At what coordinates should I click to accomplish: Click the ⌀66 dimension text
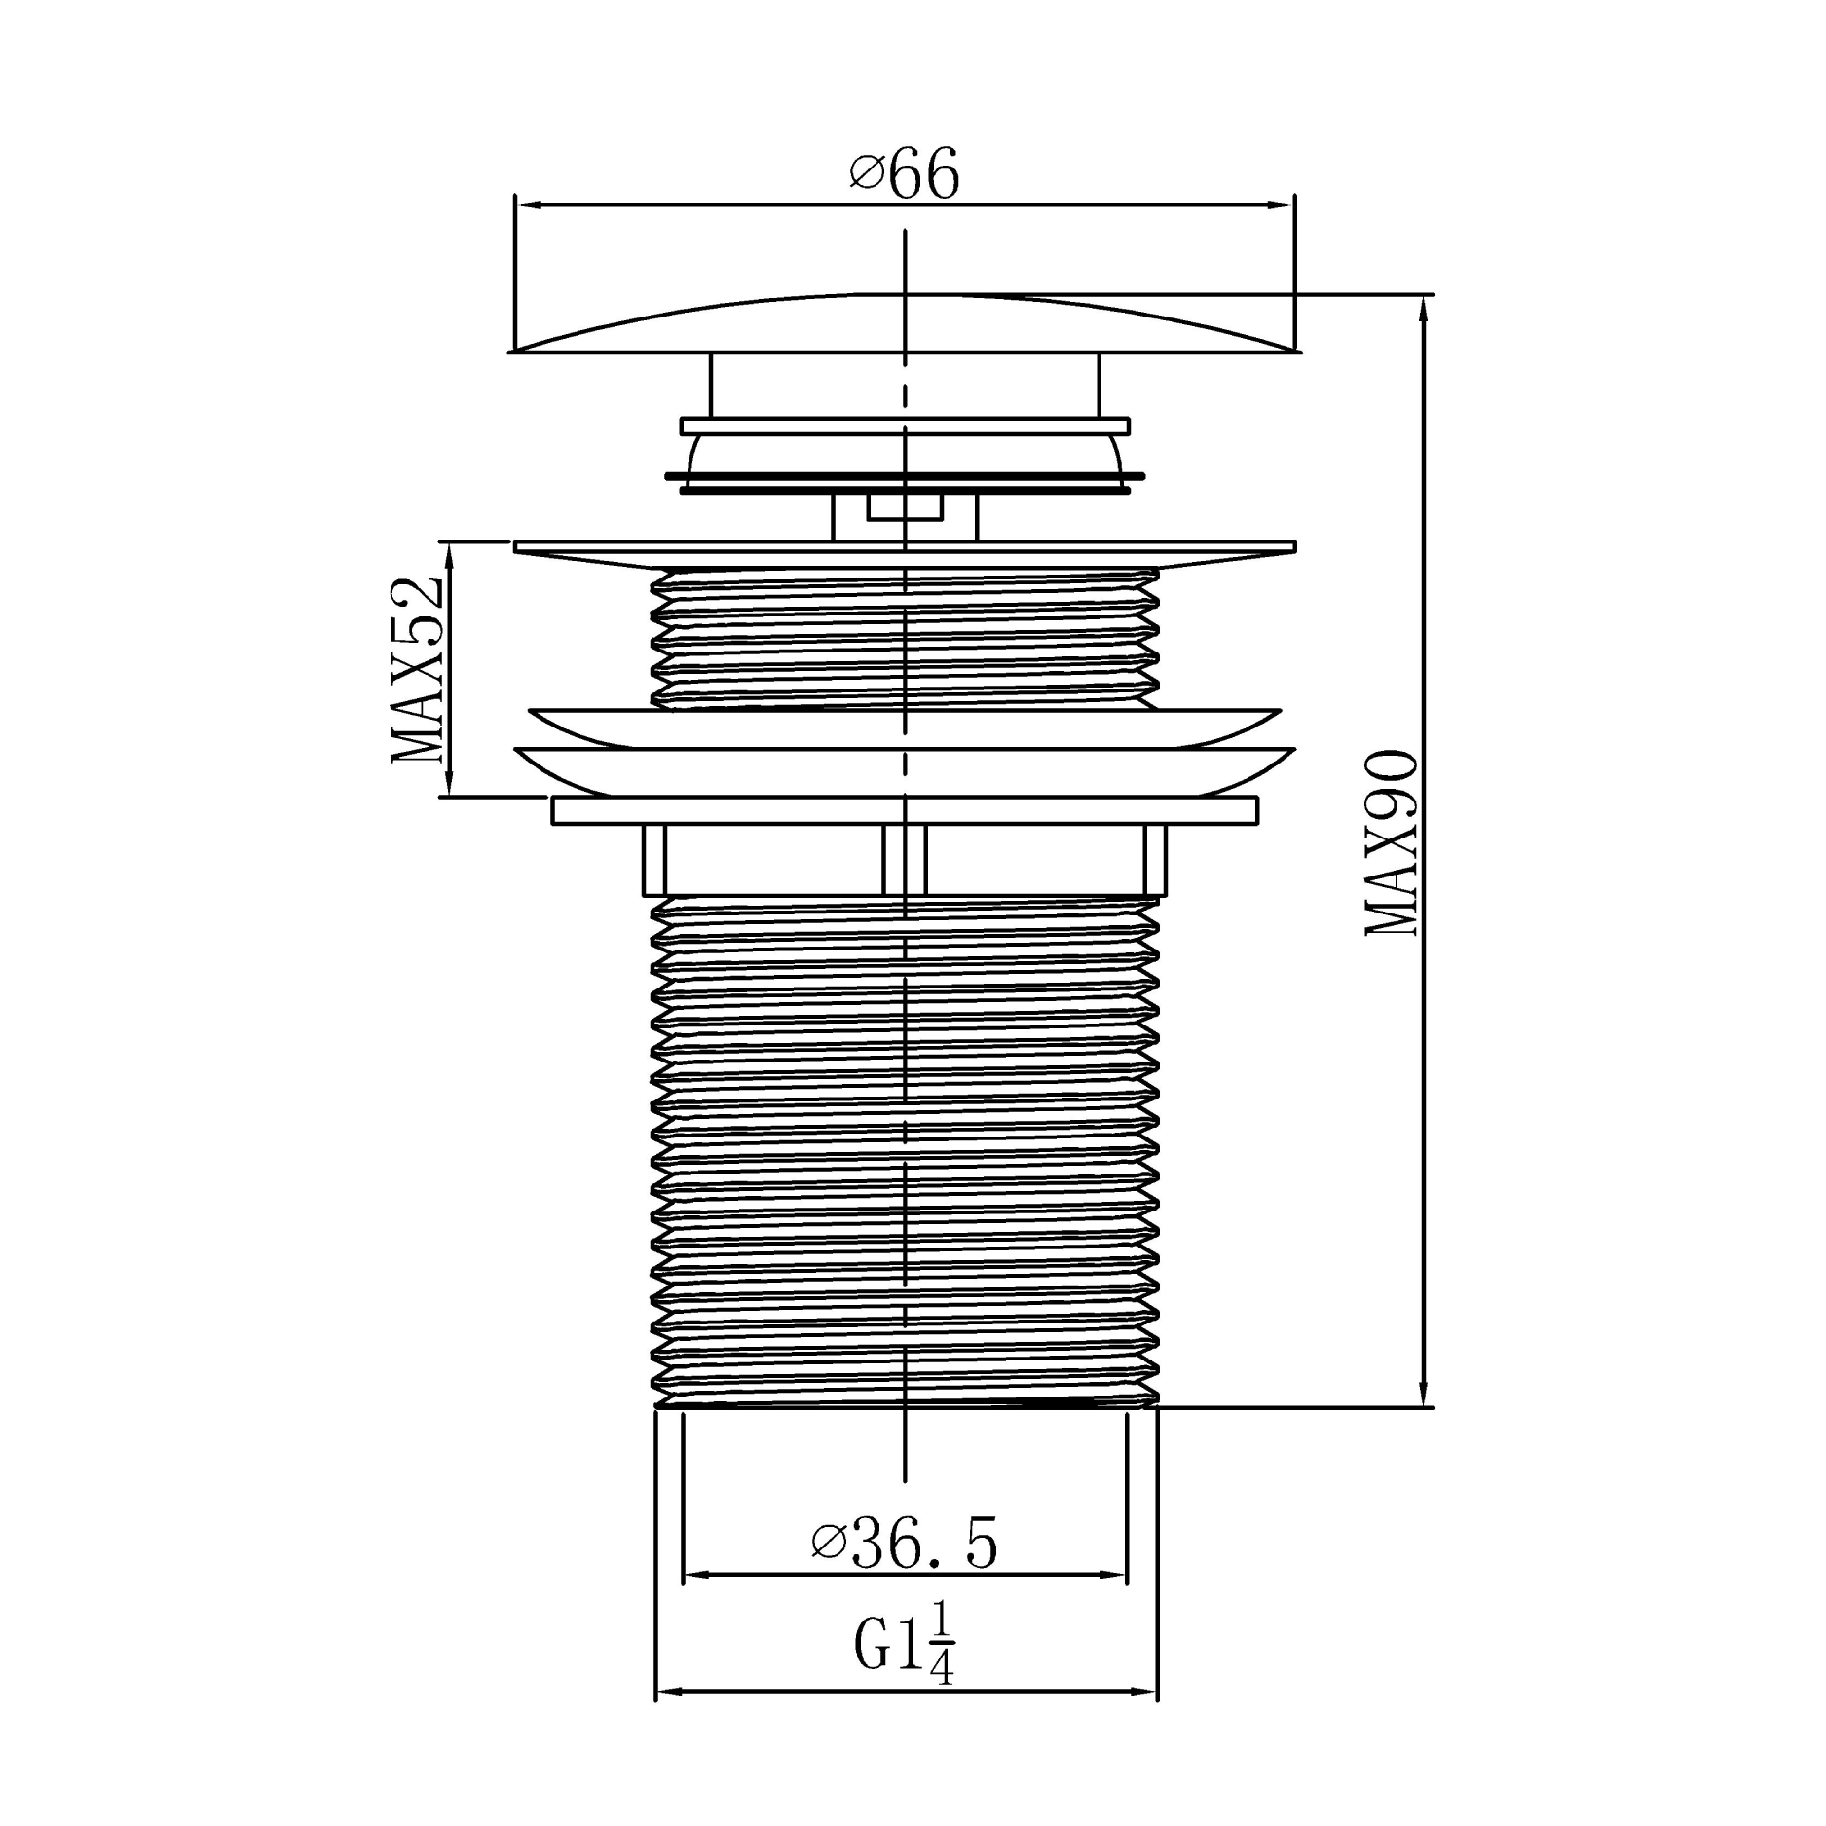904,174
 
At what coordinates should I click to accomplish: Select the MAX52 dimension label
417,670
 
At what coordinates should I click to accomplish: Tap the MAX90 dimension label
1391,843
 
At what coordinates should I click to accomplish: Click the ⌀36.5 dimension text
904,1545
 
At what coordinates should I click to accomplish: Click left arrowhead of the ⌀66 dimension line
526,205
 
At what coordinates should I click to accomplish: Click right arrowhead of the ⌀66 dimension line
1283,205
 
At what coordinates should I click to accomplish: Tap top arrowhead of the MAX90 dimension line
1424,310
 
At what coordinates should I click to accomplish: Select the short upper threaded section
904,638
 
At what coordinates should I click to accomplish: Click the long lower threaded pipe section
904,1149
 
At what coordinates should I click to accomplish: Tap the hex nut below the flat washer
904,859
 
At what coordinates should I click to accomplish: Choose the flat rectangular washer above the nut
904,810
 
